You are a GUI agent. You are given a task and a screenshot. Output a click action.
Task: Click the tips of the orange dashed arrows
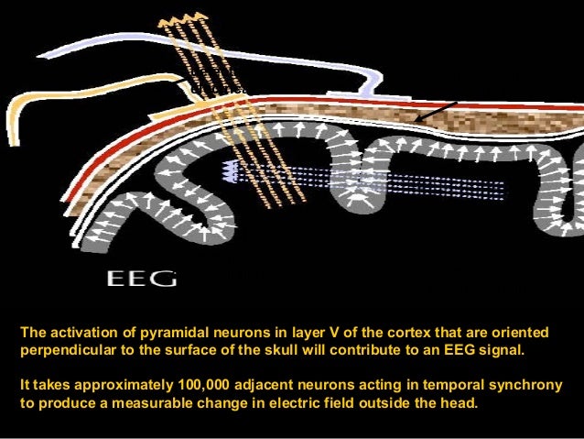click(x=182, y=20)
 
